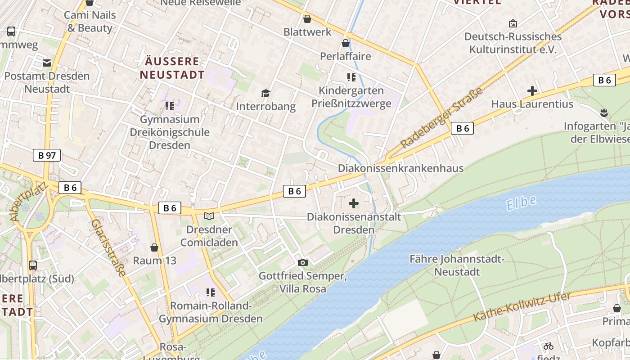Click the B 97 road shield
tap(47, 156)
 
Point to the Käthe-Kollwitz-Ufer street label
tap(522, 307)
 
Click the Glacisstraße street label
tap(108, 247)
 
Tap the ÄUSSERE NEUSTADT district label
tap(171, 68)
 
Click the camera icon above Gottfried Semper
tap(303, 262)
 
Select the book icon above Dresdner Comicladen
tap(209, 216)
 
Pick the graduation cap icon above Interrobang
tap(266, 93)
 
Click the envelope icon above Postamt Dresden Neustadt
tap(47, 63)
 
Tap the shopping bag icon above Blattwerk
tap(307, 19)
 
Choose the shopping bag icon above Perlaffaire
tap(345, 43)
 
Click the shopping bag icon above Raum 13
tap(154, 247)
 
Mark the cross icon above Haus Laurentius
tap(532, 91)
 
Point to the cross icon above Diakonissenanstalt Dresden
tap(354, 203)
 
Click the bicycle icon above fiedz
tap(548, 346)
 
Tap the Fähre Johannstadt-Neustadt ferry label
tap(457, 265)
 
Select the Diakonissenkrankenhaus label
tap(400, 168)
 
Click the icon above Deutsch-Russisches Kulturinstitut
tap(513, 23)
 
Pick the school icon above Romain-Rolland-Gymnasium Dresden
tap(210, 292)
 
